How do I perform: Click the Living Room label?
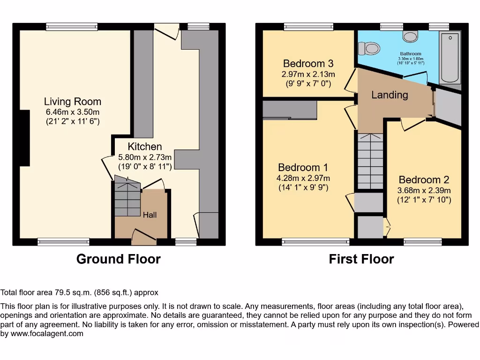[x=73, y=102]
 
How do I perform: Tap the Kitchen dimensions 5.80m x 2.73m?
[x=145, y=157]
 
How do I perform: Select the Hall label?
[x=150, y=215]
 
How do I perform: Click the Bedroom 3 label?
[x=308, y=64]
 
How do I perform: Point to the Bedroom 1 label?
[x=303, y=168]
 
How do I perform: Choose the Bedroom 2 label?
[x=424, y=180]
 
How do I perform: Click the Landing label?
[x=390, y=95]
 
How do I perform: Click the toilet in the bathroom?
[x=368, y=48]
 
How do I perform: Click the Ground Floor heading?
[x=118, y=259]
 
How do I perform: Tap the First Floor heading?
[x=361, y=259]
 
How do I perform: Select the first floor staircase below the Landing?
[x=370, y=159]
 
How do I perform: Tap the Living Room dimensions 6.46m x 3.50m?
[x=73, y=112]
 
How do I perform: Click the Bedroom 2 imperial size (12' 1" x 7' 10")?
[x=424, y=200]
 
